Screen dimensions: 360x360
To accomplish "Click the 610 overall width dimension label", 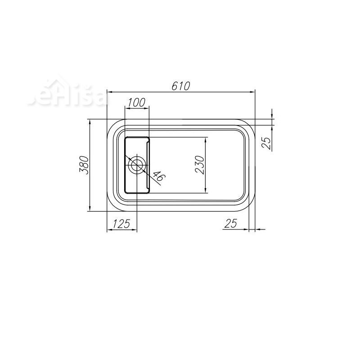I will click(181, 85).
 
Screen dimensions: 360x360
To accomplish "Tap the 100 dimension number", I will click(136, 102).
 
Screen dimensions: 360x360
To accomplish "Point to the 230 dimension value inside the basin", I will click(201, 165).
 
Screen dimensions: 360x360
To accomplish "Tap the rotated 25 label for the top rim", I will click(266, 143).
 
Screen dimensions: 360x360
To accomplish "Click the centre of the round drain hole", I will click(136, 165).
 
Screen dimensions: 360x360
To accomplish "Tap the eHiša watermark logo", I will click(67, 96).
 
